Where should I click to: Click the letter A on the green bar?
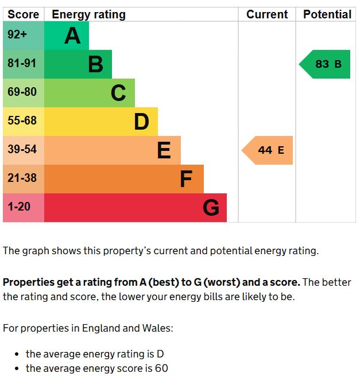click(72, 36)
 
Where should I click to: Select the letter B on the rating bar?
click(95, 64)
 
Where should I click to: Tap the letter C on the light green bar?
click(118, 93)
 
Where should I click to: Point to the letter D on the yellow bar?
click(141, 122)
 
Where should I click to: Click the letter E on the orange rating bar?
click(164, 150)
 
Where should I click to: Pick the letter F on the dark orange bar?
click(186, 179)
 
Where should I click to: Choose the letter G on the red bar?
click(211, 208)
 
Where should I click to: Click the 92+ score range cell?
click(17, 35)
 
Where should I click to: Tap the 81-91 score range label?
click(22, 63)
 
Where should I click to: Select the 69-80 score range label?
click(22, 92)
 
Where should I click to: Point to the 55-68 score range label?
click(22, 120)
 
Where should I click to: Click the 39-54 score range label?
click(22, 149)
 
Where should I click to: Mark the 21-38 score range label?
click(22, 178)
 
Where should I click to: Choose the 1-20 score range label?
click(20, 207)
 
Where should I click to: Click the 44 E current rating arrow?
click(269, 150)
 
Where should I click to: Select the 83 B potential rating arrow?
click(326, 64)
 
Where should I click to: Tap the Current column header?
click(267, 14)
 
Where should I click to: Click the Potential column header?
click(327, 14)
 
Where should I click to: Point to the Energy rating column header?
click(88, 14)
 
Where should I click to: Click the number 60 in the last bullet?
click(161, 368)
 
